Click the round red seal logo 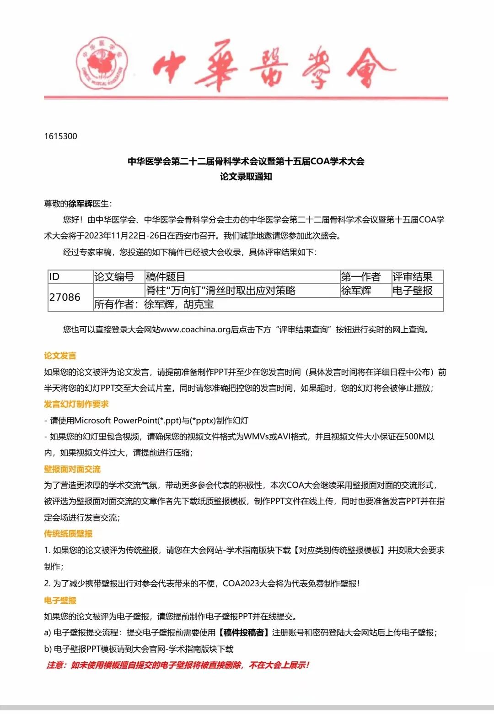click(x=102, y=63)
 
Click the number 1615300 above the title click(x=61, y=136)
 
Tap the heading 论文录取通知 click(x=246, y=177)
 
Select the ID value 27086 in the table click(x=65, y=297)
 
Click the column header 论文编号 click(x=114, y=277)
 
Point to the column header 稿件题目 click(x=166, y=277)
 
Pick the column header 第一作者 click(x=361, y=277)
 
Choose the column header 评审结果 click(x=413, y=277)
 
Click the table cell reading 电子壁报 click(x=413, y=291)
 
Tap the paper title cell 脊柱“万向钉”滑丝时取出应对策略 click(x=220, y=291)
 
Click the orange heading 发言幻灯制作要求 click(x=76, y=404)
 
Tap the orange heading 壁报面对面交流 click(x=72, y=469)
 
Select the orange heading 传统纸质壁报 click(x=68, y=534)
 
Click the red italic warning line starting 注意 click(x=178, y=665)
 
